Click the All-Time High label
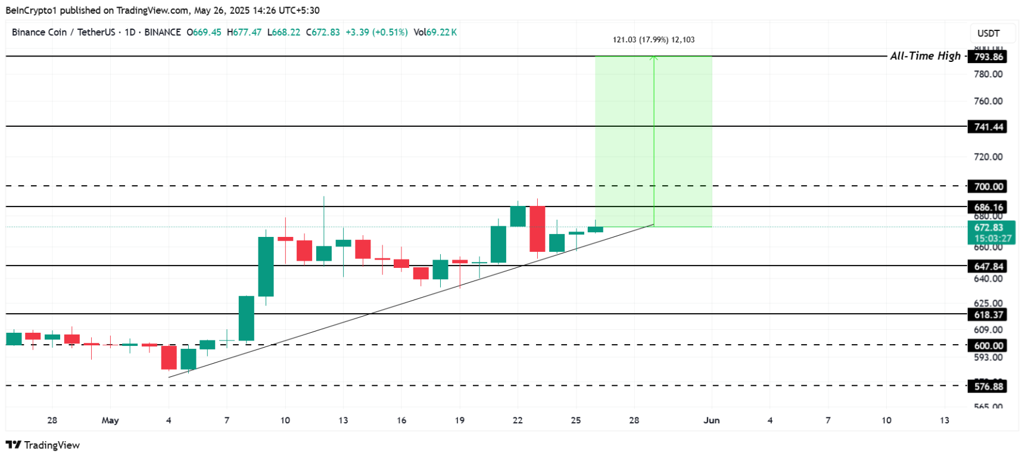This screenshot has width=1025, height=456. coord(925,56)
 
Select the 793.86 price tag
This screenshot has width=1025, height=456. coord(988,57)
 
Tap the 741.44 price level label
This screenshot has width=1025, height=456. coord(988,127)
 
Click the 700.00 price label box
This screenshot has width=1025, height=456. coord(988,186)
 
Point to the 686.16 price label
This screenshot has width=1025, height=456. coord(988,207)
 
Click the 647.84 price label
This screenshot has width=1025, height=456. coord(988,266)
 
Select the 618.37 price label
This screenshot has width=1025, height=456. coord(988,314)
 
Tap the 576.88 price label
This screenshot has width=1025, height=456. coord(988,386)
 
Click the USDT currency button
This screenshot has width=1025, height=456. coord(988,33)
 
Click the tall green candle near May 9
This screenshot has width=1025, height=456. coord(266,266)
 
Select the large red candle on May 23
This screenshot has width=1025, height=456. coord(537,229)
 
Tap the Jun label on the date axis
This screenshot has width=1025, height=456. coord(711,420)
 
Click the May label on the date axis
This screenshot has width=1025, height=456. coord(110,420)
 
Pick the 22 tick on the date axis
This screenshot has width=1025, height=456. coord(518,420)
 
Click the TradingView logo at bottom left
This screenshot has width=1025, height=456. coord(43,445)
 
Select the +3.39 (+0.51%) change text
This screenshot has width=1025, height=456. coord(376,32)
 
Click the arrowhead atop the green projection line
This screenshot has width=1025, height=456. coord(654,58)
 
